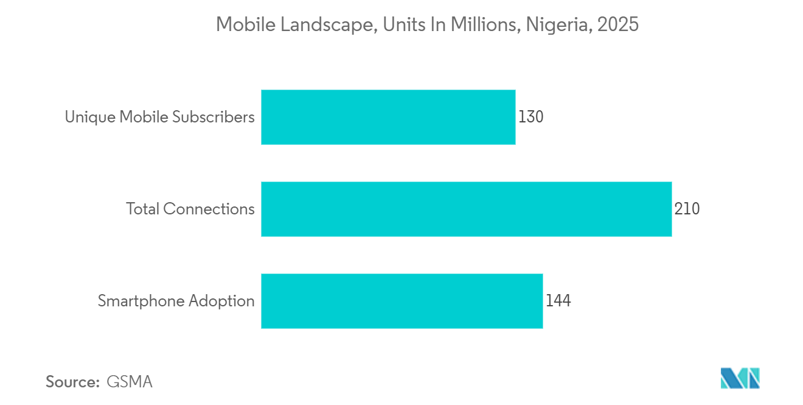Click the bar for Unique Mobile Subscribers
pos(388,117)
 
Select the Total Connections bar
pos(466,209)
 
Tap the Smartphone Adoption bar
pos(401,301)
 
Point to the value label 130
pos(530,117)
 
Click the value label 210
pos(687,209)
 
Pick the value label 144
pos(558,301)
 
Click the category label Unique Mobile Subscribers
pos(159,117)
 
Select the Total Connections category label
pos(190,209)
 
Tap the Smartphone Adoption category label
pos(176,301)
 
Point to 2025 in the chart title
pos(618,25)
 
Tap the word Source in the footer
pos(72,382)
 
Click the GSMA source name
pos(129,382)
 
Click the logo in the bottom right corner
pos(740,378)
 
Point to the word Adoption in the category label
pos(221,301)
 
